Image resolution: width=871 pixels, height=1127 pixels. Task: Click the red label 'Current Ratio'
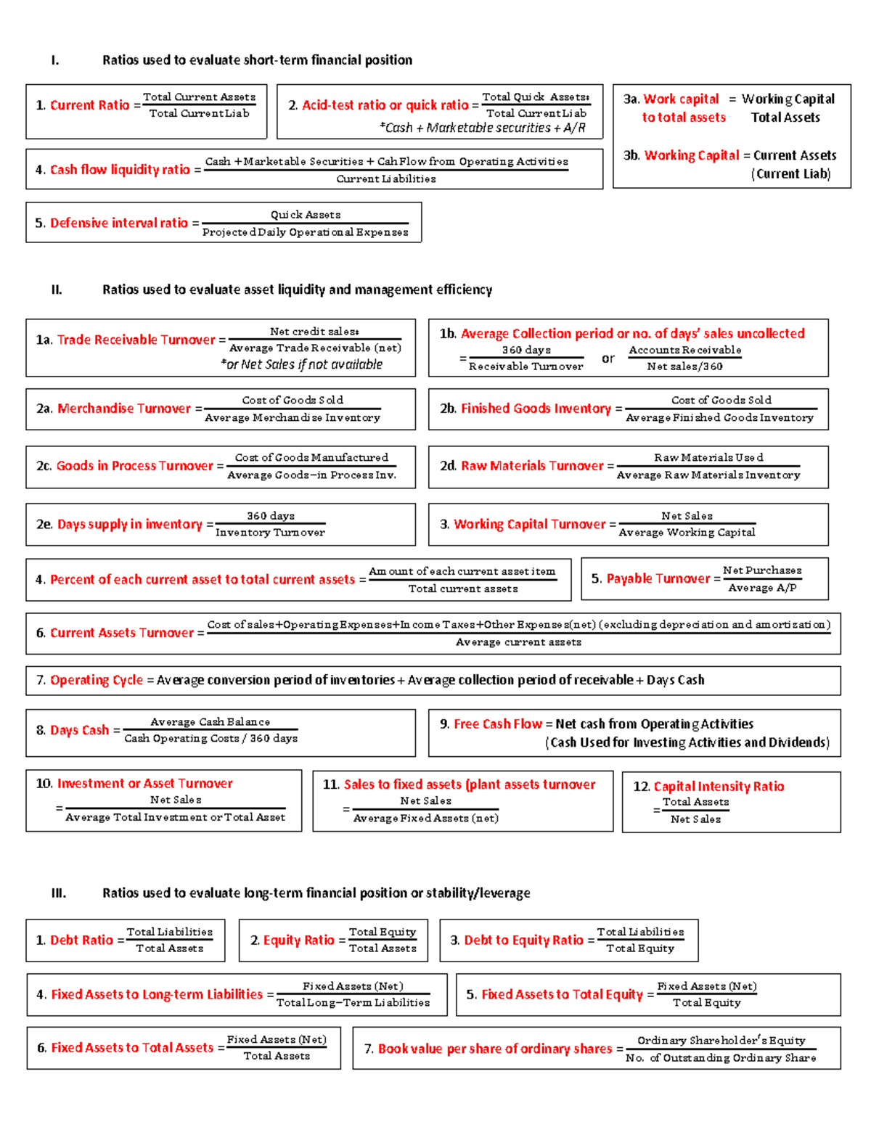pyautogui.click(x=89, y=105)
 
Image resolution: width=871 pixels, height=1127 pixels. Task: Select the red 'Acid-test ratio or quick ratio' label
pyautogui.click(x=385, y=105)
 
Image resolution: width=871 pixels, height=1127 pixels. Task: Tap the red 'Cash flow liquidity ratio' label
pyautogui.click(x=120, y=170)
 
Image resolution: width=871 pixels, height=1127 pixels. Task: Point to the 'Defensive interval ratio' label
pyautogui.click(x=119, y=223)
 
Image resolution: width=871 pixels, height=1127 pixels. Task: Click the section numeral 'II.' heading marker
pyautogui.click(x=57, y=290)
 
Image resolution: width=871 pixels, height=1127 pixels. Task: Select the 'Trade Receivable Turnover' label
pyautogui.click(x=136, y=340)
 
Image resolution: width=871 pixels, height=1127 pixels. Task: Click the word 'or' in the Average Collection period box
pyautogui.click(x=608, y=358)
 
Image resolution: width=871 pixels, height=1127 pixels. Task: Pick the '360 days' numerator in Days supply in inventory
pyautogui.click(x=271, y=516)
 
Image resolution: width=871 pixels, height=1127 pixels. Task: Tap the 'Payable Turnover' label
pyautogui.click(x=658, y=578)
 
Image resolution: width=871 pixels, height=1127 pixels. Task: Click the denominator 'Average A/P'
pyautogui.click(x=762, y=588)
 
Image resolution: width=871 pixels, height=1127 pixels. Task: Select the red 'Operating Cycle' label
pyautogui.click(x=97, y=680)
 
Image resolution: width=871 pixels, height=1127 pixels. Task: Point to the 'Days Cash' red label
pyautogui.click(x=79, y=730)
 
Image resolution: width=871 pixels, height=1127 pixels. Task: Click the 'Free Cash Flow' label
pyautogui.click(x=498, y=724)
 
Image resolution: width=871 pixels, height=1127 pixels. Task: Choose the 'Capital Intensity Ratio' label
pyautogui.click(x=719, y=786)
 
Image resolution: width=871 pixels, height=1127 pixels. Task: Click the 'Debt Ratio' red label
pyautogui.click(x=81, y=940)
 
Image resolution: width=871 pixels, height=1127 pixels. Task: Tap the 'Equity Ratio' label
pyautogui.click(x=298, y=940)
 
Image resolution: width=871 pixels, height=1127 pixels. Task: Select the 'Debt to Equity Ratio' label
pyautogui.click(x=523, y=940)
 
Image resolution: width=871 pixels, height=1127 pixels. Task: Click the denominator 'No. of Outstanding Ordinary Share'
pyautogui.click(x=721, y=1058)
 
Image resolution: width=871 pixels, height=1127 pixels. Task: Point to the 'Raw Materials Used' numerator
pyautogui.click(x=708, y=457)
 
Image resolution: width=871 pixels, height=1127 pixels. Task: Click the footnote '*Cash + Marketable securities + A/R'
pyautogui.click(x=483, y=128)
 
